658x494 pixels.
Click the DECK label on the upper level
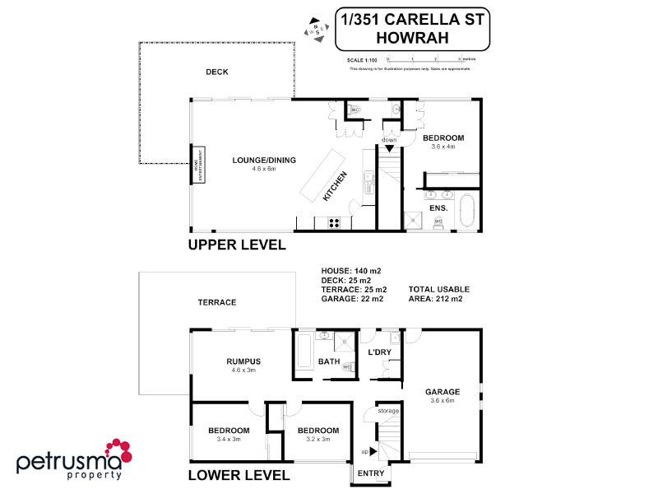[217, 72]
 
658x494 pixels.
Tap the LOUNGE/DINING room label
[264, 160]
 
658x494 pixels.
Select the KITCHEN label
[336, 186]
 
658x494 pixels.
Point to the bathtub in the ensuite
[468, 210]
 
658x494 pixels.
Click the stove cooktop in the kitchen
[335, 221]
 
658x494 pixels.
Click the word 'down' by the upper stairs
[388, 140]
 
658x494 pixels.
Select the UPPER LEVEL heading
[237, 245]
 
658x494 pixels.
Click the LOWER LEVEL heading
[239, 476]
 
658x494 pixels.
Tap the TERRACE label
[217, 303]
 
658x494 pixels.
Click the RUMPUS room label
[243, 361]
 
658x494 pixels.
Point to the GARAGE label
[443, 392]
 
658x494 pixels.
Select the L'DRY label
[379, 352]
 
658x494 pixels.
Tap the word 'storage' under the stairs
[389, 410]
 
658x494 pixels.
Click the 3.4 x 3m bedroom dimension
[229, 440]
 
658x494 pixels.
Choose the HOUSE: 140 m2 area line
[351, 271]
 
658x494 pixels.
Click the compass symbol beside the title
[316, 28]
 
